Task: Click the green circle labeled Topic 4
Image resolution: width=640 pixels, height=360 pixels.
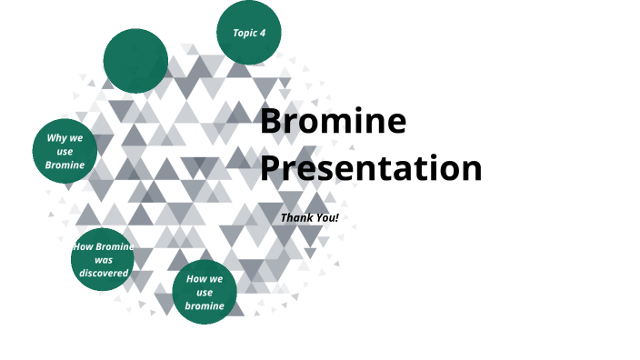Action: coord(248,33)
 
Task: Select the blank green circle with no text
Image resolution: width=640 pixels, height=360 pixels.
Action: coord(135,61)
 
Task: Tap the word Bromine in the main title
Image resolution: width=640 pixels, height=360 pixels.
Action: coord(333,122)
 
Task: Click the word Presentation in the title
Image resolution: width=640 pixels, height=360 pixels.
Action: coord(371,168)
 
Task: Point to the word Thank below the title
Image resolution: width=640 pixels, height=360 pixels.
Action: coord(296,218)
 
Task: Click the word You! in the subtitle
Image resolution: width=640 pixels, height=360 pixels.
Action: coord(326,218)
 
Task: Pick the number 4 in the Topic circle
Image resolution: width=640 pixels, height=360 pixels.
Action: coord(263,33)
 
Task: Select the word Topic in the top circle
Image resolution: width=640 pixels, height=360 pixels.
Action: coord(244,33)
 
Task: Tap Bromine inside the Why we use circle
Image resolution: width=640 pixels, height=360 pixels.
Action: coord(65,165)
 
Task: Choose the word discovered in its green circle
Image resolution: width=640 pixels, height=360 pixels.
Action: coord(104,273)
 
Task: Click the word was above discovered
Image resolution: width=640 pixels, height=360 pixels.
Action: coord(104,260)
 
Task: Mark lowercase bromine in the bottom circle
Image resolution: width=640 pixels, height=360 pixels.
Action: coord(205,306)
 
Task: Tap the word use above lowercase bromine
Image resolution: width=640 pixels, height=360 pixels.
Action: coord(205,293)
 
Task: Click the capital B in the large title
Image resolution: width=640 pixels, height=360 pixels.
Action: coord(271,122)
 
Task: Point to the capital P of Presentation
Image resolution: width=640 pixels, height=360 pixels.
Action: coord(271,168)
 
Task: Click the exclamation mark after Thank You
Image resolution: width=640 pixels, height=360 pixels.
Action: coord(336,218)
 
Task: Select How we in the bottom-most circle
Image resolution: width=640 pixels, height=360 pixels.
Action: coord(205,279)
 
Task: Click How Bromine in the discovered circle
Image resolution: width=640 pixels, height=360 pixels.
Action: coord(104,247)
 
